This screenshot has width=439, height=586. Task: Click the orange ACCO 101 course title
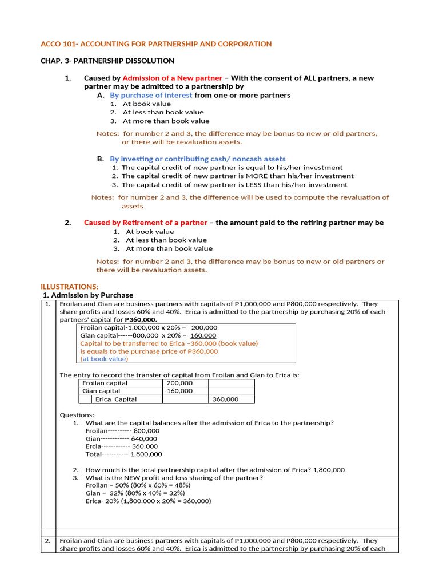pyautogui.click(x=156, y=44)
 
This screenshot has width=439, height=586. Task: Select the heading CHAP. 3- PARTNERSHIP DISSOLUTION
pyautogui.click(x=107, y=61)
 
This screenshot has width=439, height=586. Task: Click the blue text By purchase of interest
pyautogui.click(x=151, y=95)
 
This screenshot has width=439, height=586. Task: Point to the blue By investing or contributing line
pyautogui.click(x=198, y=159)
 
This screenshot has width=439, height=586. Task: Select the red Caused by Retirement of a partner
pyautogui.click(x=146, y=223)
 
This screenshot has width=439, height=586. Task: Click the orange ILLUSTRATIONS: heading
pyautogui.click(x=70, y=286)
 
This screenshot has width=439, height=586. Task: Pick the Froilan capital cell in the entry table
pyautogui.click(x=105, y=383)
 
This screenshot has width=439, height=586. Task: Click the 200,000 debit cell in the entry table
pyautogui.click(x=179, y=383)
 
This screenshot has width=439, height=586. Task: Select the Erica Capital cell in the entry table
pyautogui.click(x=116, y=399)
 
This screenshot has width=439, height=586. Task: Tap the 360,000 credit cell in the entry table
pyautogui.click(x=225, y=399)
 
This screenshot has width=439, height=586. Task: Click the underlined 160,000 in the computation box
pyautogui.click(x=203, y=335)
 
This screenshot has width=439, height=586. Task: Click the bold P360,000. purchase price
pyautogui.click(x=137, y=320)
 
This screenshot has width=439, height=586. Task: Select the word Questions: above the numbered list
pyautogui.click(x=77, y=415)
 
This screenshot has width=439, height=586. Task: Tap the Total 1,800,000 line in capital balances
pyautogui.click(x=123, y=454)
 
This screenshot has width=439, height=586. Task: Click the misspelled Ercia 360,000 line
pyautogui.click(x=122, y=446)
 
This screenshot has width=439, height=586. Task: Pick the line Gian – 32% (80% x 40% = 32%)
pyautogui.click(x=135, y=493)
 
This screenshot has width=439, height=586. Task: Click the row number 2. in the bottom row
pyautogui.click(x=48, y=541)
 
